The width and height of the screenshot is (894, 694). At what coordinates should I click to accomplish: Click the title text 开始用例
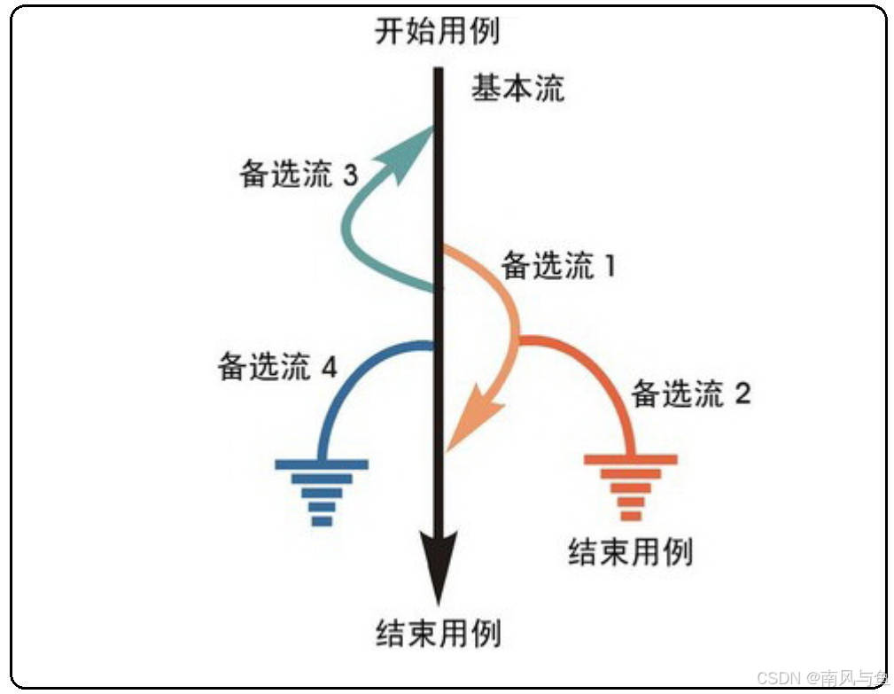(437, 31)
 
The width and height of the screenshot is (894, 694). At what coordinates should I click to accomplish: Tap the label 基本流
(517, 89)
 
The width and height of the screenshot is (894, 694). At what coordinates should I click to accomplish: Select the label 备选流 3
(298, 175)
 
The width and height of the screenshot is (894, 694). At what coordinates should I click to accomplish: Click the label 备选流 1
(558, 266)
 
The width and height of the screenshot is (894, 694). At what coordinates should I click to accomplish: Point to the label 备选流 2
(691, 393)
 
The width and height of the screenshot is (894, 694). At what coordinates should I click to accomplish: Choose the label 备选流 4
(277, 366)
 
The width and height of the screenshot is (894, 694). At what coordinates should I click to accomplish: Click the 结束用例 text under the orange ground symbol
(630, 551)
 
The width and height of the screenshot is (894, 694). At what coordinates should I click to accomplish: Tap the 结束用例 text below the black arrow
(438, 633)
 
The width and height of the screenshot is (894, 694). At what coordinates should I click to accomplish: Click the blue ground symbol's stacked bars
(322, 491)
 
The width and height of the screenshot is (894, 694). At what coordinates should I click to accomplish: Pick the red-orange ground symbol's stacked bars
(631, 487)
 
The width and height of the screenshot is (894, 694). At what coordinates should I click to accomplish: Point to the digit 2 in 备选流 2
(742, 394)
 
